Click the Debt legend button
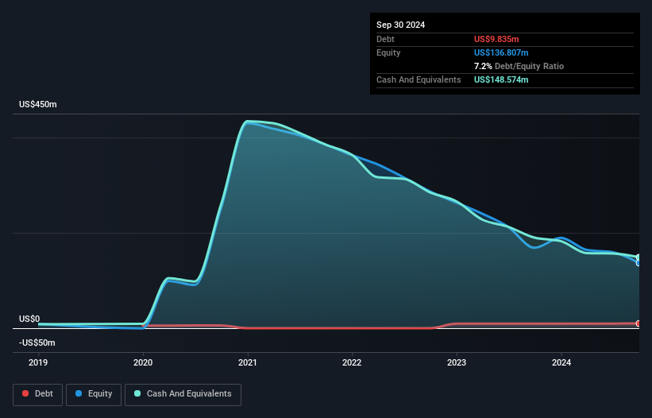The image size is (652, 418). point(37,394)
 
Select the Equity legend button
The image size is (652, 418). point(94,394)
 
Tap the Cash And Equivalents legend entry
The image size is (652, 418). point(183,394)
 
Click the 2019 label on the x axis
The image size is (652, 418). point(38,363)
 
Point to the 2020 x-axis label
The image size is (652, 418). point(143,363)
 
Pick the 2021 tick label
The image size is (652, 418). point(248,363)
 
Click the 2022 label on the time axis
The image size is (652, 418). point(352,363)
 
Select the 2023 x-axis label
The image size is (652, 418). point(457,363)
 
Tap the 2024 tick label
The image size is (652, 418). point(561,363)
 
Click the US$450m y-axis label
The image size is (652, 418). point(38,105)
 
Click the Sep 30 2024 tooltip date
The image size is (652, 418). point(400,25)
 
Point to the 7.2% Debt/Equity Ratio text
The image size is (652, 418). point(519,66)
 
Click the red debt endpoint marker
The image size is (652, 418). point(638,323)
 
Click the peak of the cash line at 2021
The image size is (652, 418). point(249,122)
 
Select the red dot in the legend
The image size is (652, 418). point(25,394)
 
